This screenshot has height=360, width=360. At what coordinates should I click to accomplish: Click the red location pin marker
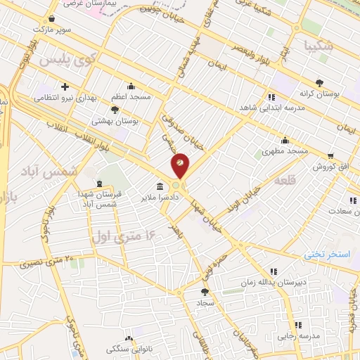[180, 165]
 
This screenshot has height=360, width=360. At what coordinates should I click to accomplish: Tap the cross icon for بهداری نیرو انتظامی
[65, 87]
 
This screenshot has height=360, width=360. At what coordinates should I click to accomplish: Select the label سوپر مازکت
[56, 30]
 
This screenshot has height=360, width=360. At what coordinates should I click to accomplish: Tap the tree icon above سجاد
[205, 291]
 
